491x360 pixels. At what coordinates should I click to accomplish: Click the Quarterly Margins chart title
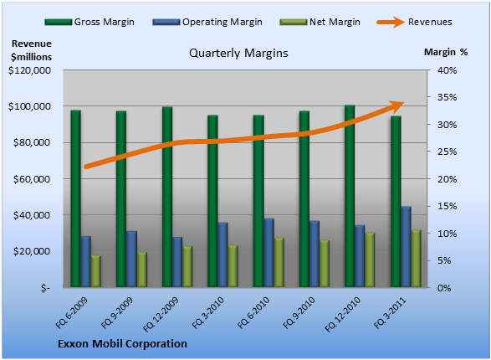238,54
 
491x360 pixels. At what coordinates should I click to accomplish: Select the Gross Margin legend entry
90,22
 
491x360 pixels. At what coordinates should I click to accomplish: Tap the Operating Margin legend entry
207,22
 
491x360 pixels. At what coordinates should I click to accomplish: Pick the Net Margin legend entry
320,22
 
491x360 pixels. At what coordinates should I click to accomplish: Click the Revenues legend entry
414,22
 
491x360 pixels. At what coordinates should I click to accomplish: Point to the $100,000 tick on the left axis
29,106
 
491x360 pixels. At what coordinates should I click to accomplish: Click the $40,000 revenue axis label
32,215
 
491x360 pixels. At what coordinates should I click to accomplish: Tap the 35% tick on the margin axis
447,97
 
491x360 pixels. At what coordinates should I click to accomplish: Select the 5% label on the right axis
444,260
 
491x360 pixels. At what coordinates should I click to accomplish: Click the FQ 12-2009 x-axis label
161,314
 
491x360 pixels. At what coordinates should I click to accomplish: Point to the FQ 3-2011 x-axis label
390,313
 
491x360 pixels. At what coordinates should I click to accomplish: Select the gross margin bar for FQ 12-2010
350,196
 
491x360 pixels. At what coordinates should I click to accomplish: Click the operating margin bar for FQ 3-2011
407,247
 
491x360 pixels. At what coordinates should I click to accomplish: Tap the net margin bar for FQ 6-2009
96,271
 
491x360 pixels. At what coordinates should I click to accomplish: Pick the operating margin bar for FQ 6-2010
269,253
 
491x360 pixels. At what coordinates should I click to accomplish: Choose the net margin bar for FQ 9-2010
325,264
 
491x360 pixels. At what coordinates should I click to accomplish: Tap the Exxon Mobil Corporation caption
122,344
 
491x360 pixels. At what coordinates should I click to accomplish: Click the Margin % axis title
446,52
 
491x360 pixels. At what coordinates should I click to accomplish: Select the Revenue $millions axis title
31,50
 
